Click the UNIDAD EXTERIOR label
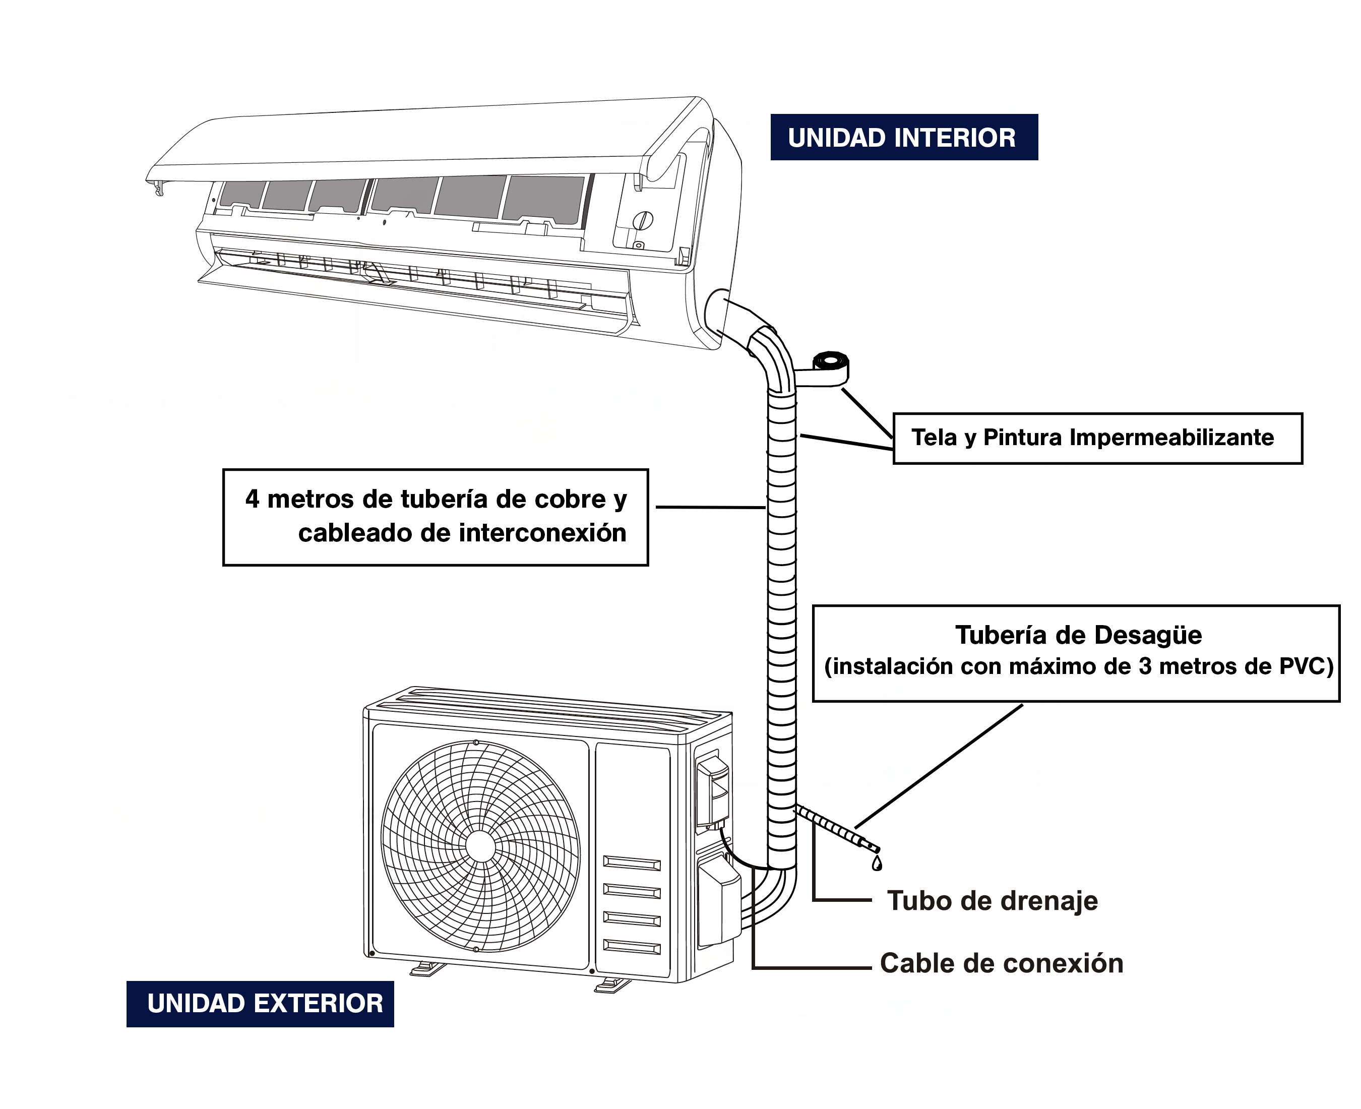265,1004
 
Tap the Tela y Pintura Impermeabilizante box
1096,438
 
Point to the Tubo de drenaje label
992,901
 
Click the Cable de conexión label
1001,963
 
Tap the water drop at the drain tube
877,865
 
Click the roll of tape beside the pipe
830,363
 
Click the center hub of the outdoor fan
480,847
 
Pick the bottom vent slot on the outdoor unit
632,947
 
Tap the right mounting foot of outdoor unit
611,985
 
